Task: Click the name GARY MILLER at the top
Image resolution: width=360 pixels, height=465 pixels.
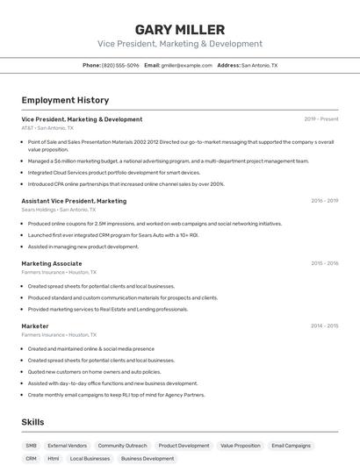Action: pyautogui.click(x=179, y=30)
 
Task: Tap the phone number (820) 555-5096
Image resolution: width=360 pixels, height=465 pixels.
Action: pyautogui.click(x=120, y=66)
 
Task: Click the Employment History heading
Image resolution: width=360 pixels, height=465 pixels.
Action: pyautogui.click(x=65, y=100)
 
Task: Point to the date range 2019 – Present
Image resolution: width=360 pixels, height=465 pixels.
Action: pyautogui.click(x=321, y=119)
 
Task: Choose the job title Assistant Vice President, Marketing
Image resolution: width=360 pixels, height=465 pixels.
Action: pyautogui.click(x=74, y=201)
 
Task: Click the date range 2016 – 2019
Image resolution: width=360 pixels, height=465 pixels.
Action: pyautogui.click(x=324, y=201)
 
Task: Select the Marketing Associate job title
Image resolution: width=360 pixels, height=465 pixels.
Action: pyautogui.click(x=52, y=263)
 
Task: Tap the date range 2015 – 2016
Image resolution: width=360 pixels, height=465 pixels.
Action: pyautogui.click(x=324, y=263)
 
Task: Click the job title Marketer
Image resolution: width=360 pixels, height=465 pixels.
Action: pyautogui.click(x=35, y=326)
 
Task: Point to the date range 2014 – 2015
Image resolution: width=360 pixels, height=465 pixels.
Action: pyautogui.click(x=324, y=326)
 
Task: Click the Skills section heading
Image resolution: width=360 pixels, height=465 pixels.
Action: pyautogui.click(x=32, y=422)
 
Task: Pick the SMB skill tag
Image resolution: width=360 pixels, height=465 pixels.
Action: pyautogui.click(x=32, y=446)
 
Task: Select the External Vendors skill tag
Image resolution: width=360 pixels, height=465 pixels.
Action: pyautogui.click(x=68, y=446)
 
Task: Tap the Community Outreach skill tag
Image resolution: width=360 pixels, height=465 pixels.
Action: pyautogui.click(x=122, y=446)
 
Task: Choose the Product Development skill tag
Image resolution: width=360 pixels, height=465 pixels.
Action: pyautogui.click(x=184, y=446)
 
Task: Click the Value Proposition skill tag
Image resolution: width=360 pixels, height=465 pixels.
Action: pyautogui.click(x=241, y=446)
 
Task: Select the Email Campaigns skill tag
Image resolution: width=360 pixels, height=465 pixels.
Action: pyautogui.click(x=292, y=446)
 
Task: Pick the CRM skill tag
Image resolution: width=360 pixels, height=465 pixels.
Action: pyautogui.click(x=32, y=459)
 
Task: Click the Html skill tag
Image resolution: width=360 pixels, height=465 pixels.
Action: pyautogui.click(x=54, y=459)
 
